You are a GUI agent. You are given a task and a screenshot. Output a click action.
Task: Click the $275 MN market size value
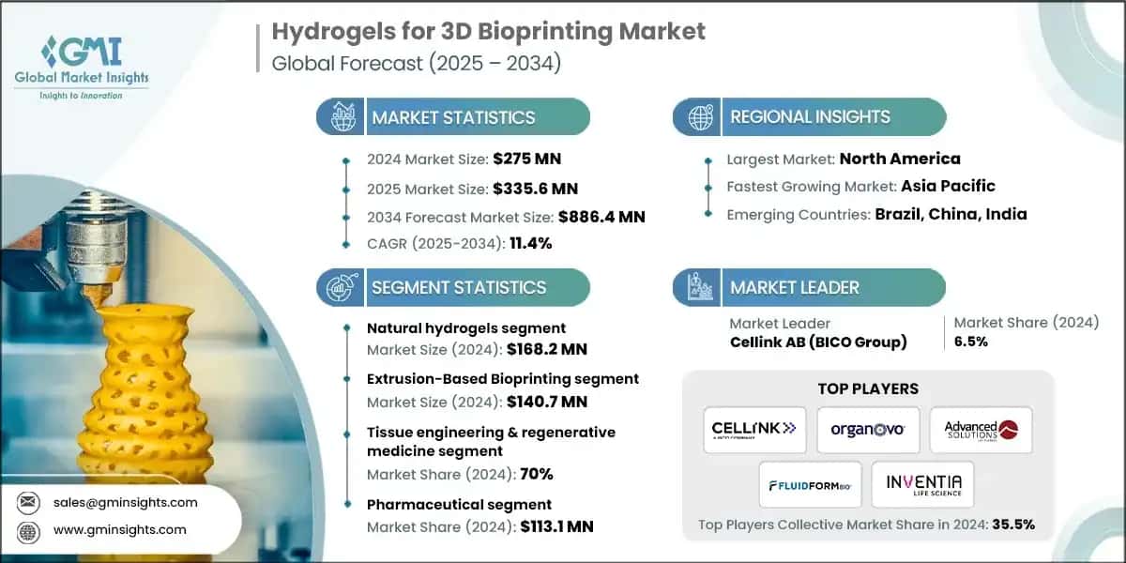click(x=527, y=159)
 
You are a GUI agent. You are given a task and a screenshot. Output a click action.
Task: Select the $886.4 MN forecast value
click(x=601, y=217)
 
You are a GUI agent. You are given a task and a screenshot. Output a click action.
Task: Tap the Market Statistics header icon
click(x=342, y=117)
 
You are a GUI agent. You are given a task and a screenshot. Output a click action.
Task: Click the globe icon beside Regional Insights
click(x=699, y=117)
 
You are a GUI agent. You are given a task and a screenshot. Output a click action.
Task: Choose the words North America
click(x=900, y=159)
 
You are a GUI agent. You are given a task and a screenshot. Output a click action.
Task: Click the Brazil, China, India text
click(x=951, y=214)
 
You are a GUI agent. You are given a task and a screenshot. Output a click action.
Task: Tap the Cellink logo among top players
click(x=754, y=429)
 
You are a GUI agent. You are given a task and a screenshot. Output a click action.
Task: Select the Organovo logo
click(x=867, y=429)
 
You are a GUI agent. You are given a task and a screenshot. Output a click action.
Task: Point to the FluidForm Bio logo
click(x=810, y=484)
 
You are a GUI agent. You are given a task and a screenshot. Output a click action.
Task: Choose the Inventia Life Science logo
click(x=922, y=484)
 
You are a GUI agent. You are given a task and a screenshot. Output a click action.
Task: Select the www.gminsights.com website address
click(x=119, y=529)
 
